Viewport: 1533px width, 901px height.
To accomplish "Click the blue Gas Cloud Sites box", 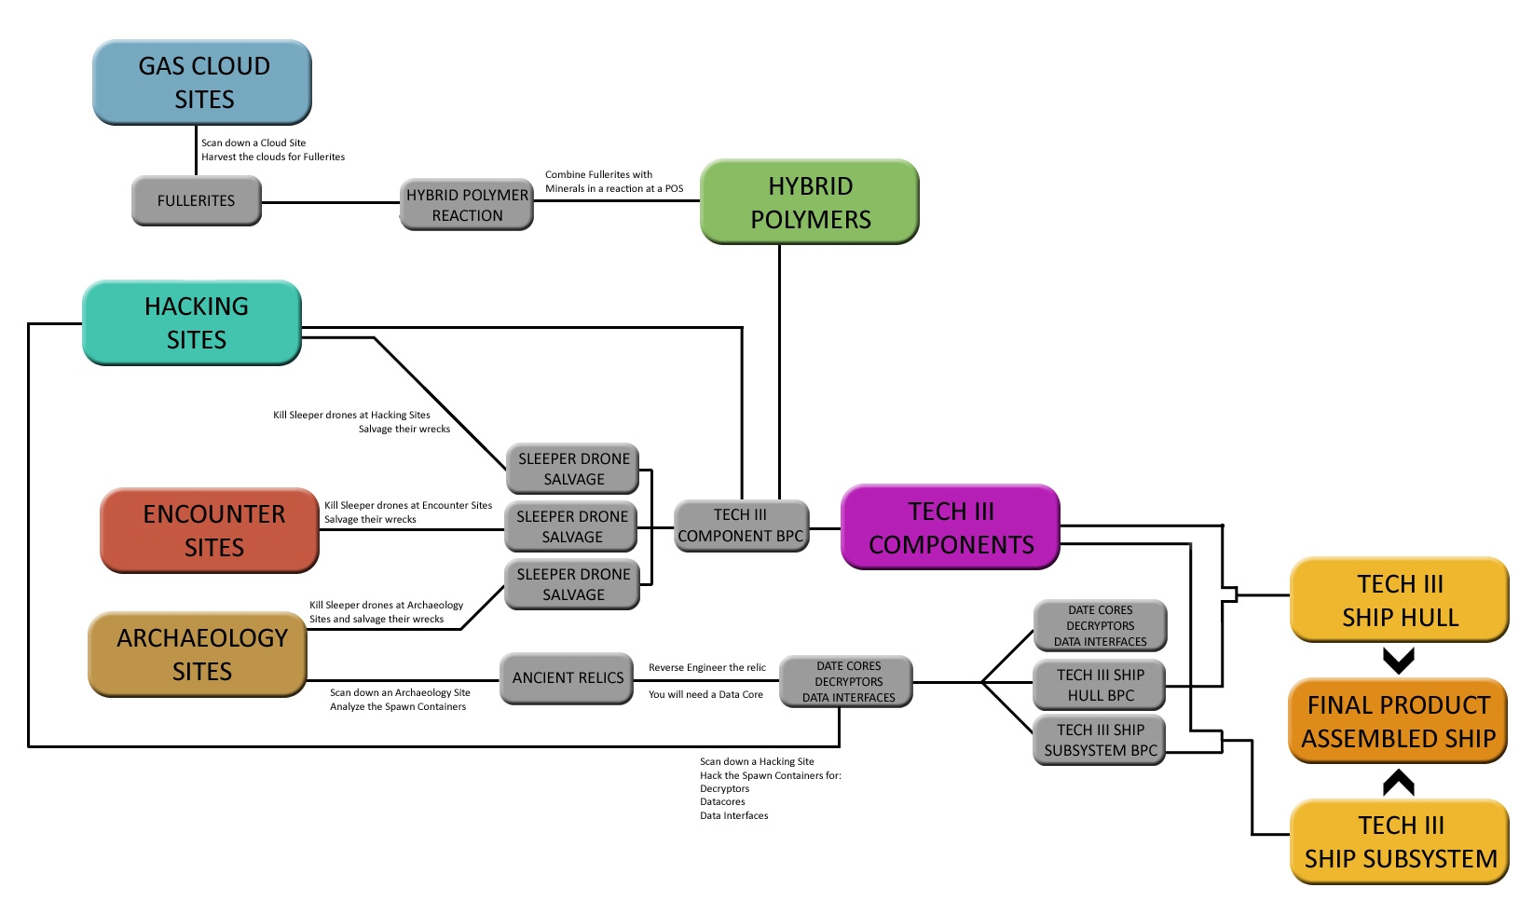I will pos(202,82).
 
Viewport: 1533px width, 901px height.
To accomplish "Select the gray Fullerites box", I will pos(196,200).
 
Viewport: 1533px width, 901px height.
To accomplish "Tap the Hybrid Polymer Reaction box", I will pos(467,205).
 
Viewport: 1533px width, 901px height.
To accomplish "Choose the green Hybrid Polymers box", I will pos(810,202).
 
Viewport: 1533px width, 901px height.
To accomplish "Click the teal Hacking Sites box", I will pos(192,322).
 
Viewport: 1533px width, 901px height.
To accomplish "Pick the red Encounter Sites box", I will pos(210,530).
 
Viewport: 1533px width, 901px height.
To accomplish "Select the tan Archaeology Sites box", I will pos(198,654).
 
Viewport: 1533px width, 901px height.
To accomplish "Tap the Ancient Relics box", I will pos(567,678).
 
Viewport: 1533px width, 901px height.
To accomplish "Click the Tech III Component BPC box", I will pos(741,526).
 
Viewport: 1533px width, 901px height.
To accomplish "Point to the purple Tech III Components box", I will pos(951,527).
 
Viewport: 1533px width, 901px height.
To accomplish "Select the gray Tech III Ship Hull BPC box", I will pos(1100,685).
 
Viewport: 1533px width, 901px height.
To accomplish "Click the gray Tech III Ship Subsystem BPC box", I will pos(1100,740).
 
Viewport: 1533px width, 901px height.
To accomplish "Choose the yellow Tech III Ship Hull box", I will pos(1399,600).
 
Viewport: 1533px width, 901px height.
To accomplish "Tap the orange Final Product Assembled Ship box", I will pos(1398,721).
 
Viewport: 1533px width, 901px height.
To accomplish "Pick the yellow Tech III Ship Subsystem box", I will pos(1400,841).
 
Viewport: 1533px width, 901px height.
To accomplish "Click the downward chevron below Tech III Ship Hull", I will pos(1399,661).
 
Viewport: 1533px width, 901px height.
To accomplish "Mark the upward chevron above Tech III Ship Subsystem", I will pos(1399,783).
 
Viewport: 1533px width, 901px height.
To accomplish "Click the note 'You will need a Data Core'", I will pos(705,695).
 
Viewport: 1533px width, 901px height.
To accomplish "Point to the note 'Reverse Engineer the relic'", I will pos(707,668).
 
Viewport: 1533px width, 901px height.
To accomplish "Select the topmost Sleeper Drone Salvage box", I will pos(573,469).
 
